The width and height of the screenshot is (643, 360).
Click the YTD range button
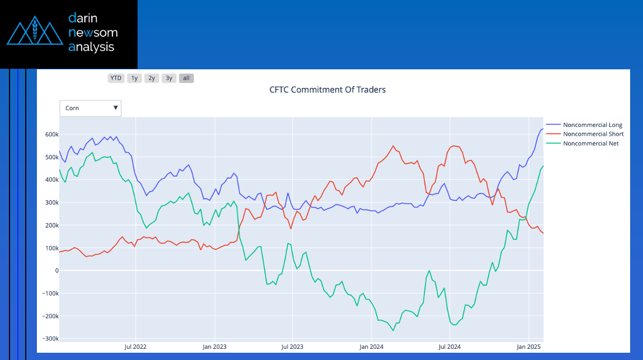(x=116, y=78)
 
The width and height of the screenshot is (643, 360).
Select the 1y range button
(x=134, y=78)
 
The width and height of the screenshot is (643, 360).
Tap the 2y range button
(x=152, y=78)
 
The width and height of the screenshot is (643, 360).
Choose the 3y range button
(x=169, y=78)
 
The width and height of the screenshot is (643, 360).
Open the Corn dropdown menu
(x=91, y=108)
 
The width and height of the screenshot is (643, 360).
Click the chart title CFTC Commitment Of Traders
(x=327, y=89)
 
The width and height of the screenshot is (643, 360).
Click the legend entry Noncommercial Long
(x=592, y=125)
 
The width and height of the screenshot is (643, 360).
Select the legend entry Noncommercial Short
(x=593, y=134)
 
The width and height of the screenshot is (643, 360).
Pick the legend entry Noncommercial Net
(x=590, y=144)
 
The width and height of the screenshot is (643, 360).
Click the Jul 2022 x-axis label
(x=135, y=347)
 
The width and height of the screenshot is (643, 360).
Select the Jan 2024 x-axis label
(x=371, y=347)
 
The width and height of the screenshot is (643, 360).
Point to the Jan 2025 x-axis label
(x=528, y=347)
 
